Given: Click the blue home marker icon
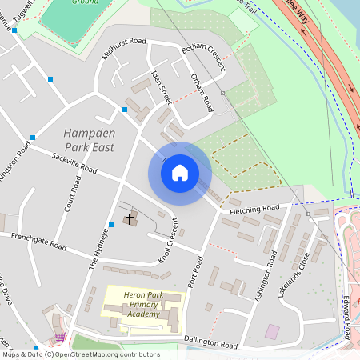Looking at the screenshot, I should point(180,173).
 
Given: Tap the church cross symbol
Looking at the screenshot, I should point(130,218).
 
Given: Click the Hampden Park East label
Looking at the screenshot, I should point(89,140).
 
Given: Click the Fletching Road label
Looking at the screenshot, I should point(254,210).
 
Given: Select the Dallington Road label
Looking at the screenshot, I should point(211,343).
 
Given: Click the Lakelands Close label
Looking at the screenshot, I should point(294,275).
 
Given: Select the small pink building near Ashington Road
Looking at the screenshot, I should point(273,331).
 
